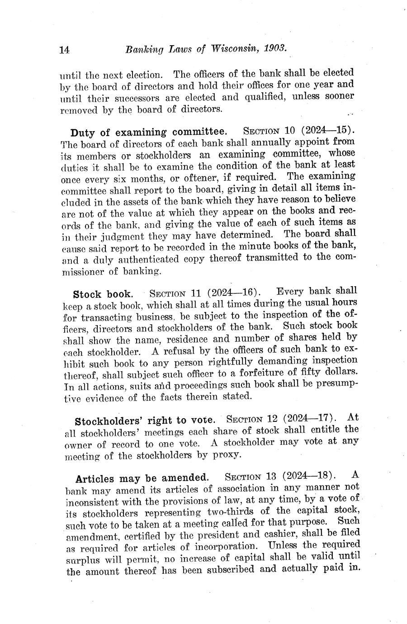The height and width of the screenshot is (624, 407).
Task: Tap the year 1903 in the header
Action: click(x=274, y=48)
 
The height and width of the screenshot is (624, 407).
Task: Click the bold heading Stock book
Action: click(x=103, y=294)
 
